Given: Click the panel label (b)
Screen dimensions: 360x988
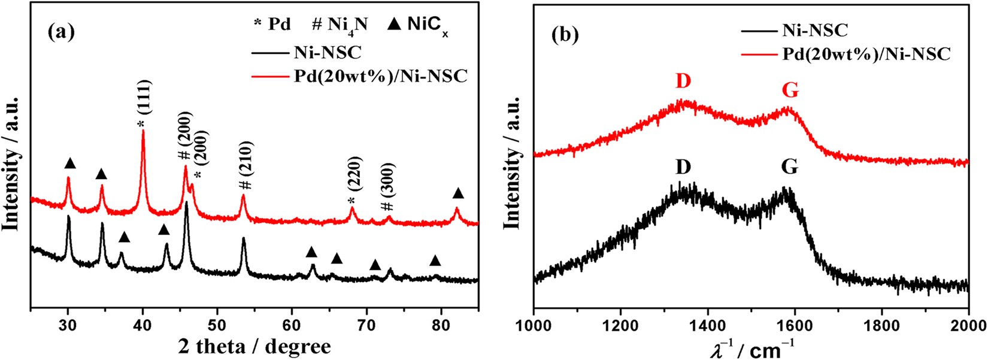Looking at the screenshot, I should [565, 36].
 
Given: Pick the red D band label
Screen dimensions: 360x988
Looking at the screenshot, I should [683, 81].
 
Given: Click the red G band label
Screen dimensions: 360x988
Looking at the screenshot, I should [790, 90].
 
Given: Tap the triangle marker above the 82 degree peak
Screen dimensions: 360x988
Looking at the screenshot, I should [458, 193].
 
